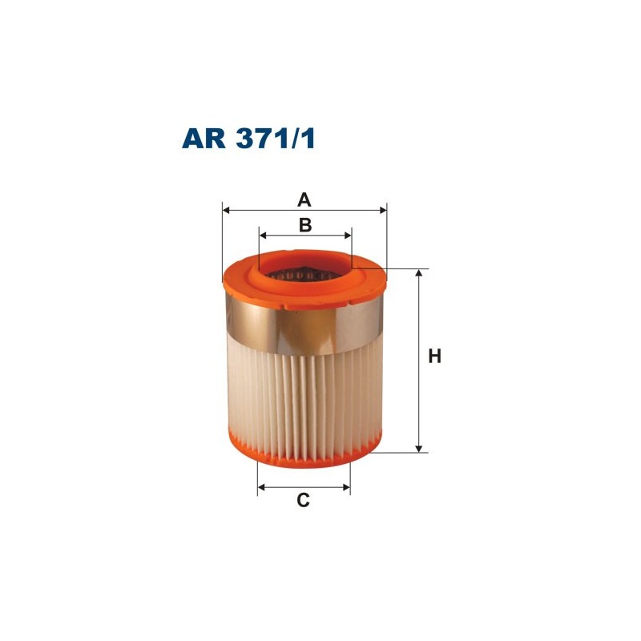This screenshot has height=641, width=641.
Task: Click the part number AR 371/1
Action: click(249, 139)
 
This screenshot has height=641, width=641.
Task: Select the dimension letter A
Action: click(304, 199)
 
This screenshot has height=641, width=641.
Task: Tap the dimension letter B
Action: click(305, 225)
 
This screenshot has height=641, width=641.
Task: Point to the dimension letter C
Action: click(303, 501)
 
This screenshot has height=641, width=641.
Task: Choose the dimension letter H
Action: click(434, 357)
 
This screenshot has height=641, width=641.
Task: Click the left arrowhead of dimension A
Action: click(226, 210)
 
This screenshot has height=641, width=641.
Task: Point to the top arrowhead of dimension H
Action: click(418, 274)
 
